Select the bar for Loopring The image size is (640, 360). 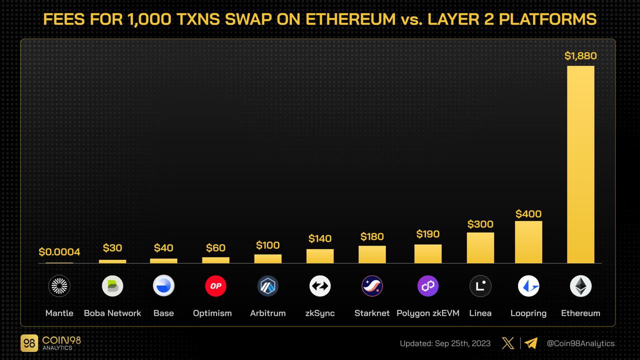tap(528, 242)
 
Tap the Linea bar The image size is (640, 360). tap(480, 247)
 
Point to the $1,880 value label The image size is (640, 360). tap(580, 56)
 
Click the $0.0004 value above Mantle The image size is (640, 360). tap(59, 252)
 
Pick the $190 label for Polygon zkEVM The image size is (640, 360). tap(428, 234)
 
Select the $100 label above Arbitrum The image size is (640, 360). tap(267, 245)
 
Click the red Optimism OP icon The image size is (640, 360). tap(215, 286)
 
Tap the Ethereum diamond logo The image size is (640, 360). tap(580, 286)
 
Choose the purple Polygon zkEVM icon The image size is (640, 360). tap(428, 286)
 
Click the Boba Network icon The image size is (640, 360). tap(112, 286)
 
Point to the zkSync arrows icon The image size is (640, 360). tap(320, 286)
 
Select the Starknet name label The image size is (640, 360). tap(372, 313)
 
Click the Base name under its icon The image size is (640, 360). tap(163, 313)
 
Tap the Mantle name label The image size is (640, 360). tap(59, 313)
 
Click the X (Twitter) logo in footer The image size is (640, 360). tap(507, 343)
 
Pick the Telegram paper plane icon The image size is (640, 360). tap(531, 343)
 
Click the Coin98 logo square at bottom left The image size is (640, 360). tap(29, 343)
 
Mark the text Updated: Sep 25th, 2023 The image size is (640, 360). tap(445, 343)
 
